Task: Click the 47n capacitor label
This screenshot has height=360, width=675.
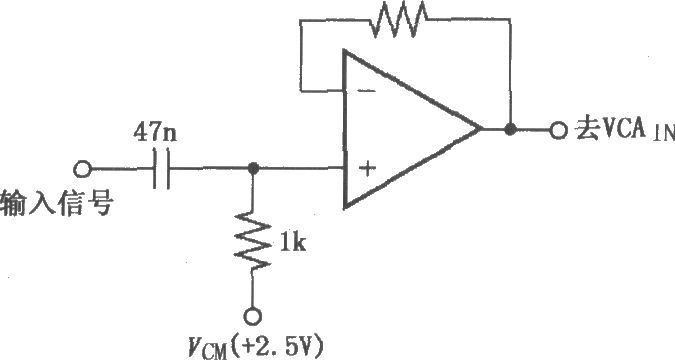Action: pyautogui.click(x=155, y=133)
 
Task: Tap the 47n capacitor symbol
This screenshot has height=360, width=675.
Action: pyautogui.click(x=161, y=169)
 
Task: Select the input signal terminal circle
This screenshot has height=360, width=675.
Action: pyautogui.click(x=82, y=169)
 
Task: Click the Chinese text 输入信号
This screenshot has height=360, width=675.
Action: pyautogui.click(x=57, y=203)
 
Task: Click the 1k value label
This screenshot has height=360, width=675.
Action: pyautogui.click(x=292, y=244)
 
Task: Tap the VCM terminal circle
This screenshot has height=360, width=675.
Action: pyautogui.click(x=252, y=317)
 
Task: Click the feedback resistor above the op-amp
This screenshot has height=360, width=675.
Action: pyautogui.click(x=400, y=19)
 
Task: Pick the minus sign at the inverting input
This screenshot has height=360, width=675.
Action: pyautogui.click(x=366, y=91)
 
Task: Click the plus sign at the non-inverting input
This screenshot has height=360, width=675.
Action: pyautogui.click(x=367, y=169)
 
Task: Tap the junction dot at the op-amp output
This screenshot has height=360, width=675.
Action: pyautogui.click(x=510, y=129)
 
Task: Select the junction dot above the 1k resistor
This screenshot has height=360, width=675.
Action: pyautogui.click(x=253, y=168)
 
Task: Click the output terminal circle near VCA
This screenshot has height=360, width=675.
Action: pyautogui.click(x=558, y=129)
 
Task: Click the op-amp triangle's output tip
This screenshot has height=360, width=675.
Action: pyautogui.click(x=480, y=129)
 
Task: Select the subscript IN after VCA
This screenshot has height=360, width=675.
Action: pyautogui.click(x=664, y=134)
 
